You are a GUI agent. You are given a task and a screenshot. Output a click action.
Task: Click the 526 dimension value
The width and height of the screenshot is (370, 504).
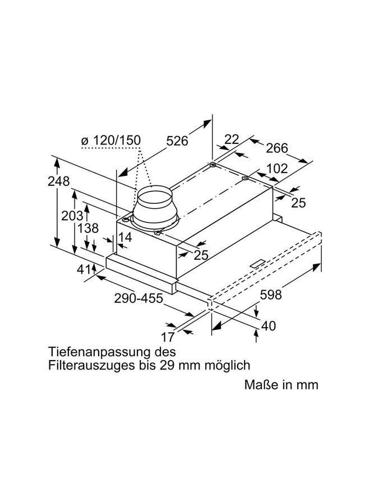click(x=177, y=142)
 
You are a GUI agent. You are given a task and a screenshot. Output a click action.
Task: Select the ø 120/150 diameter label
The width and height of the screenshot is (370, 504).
click(x=110, y=139)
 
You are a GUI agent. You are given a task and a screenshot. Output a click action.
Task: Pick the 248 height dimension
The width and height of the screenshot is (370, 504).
click(x=58, y=181)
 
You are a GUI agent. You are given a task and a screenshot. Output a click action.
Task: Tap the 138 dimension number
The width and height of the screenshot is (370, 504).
click(x=88, y=228)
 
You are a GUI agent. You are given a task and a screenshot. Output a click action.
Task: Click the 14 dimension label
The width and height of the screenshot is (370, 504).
click(x=126, y=238)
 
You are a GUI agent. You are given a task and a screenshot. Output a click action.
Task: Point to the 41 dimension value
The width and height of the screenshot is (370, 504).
click(x=85, y=270)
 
